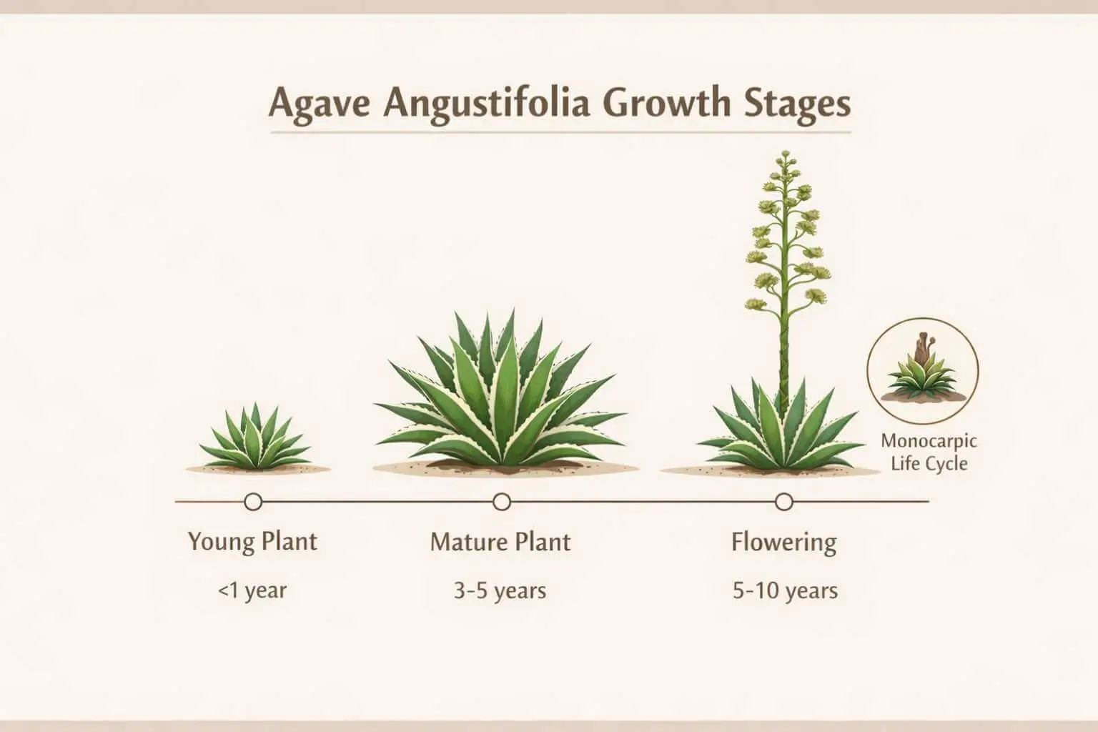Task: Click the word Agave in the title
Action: [320, 103]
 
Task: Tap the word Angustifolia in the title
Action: [486, 104]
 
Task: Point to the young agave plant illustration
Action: [254, 440]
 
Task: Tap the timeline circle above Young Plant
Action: [253, 502]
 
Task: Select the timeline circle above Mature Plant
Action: [502, 502]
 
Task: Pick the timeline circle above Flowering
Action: [784, 502]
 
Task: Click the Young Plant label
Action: [252, 541]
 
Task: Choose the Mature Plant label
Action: [500, 542]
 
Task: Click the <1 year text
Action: [252, 591]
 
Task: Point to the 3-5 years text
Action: [500, 591]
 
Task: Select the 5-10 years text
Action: [785, 591]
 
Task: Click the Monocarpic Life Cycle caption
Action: [928, 452]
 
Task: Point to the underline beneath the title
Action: [560, 132]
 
